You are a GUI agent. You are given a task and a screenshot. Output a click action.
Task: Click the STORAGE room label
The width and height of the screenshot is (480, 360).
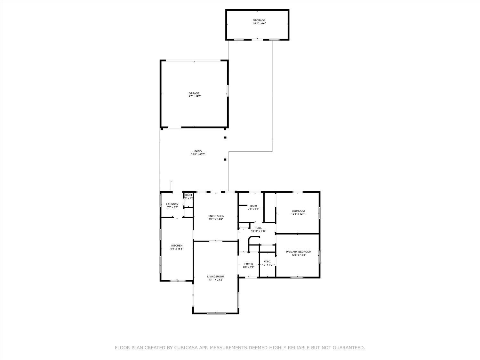coord(259,20)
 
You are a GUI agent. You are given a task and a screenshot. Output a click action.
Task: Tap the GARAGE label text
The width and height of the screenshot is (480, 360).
coord(194,93)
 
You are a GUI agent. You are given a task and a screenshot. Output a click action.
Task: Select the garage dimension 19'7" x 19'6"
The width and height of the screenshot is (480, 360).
coord(194,96)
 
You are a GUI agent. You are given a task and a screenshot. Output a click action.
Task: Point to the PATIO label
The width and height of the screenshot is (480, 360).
coord(198,151)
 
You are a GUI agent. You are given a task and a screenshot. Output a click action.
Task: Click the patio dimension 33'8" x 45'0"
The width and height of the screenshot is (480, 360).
coord(198,154)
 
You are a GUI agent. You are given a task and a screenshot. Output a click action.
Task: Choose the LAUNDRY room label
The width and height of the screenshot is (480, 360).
coord(172,204)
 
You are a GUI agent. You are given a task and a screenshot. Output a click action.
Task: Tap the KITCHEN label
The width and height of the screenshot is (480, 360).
coord(177,246)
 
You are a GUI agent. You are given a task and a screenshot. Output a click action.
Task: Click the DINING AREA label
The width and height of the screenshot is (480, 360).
coord(216,216)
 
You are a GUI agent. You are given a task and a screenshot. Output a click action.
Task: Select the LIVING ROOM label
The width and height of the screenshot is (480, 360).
coord(216,276)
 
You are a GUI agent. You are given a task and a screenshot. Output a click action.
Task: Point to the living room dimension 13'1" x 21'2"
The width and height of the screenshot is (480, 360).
coord(216,280)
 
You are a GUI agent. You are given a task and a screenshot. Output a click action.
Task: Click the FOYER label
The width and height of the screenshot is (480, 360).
coord(249,264)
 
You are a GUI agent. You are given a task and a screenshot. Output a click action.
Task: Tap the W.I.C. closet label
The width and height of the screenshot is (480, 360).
coord(268,261)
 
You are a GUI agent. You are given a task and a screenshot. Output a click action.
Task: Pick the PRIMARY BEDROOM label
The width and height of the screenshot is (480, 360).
coord(298,252)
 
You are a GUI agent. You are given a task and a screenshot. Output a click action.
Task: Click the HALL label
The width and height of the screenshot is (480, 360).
coord(259,228)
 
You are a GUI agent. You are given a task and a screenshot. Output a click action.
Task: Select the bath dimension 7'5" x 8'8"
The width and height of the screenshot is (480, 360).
coord(253,209)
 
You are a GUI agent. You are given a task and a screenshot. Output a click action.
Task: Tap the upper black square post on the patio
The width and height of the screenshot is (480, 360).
coord(225,138)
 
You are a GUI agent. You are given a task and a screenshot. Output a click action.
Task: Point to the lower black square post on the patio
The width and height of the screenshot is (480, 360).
coord(225,159)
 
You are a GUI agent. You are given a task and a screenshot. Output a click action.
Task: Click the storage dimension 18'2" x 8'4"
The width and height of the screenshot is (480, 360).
coord(259,23)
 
